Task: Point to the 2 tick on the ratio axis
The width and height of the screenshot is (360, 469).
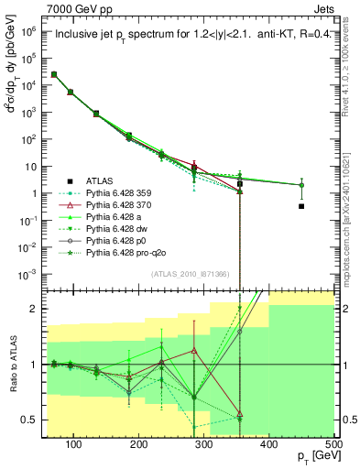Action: [x=40, y=309]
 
